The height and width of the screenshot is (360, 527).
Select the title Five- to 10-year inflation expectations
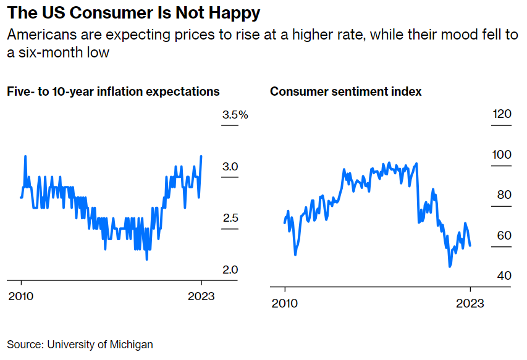pyautogui.click(x=113, y=91)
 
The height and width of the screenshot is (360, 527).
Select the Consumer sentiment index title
pyautogui.click(x=346, y=91)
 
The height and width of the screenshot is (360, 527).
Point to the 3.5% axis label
pyautogui.click(x=235, y=115)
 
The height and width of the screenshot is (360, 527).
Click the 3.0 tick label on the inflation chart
pyautogui.click(x=230, y=167)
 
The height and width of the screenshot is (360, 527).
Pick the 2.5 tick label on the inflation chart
pyautogui.click(x=230, y=219)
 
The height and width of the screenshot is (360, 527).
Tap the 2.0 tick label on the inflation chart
pyautogui.click(x=230, y=270)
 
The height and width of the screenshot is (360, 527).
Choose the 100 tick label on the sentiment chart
pyautogui.click(x=502, y=154)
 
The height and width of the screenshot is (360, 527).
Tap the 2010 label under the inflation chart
pyautogui.click(x=21, y=296)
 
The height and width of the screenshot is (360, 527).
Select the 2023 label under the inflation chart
pyautogui.click(x=201, y=296)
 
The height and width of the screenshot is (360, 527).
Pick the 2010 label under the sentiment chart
pyautogui.click(x=285, y=303)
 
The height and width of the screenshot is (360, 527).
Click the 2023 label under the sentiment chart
pyautogui.click(x=470, y=303)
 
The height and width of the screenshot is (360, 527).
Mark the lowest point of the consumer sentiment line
pyautogui.click(x=450, y=266)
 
